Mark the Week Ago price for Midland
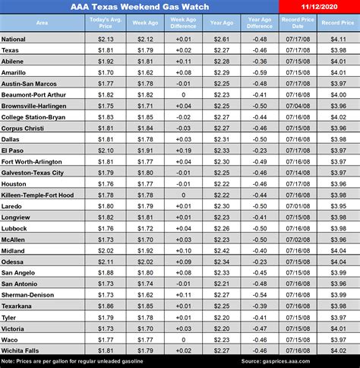143,249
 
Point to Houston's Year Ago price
221,183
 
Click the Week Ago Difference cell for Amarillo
182,71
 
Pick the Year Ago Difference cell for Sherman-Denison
258,293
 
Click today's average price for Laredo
105,205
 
